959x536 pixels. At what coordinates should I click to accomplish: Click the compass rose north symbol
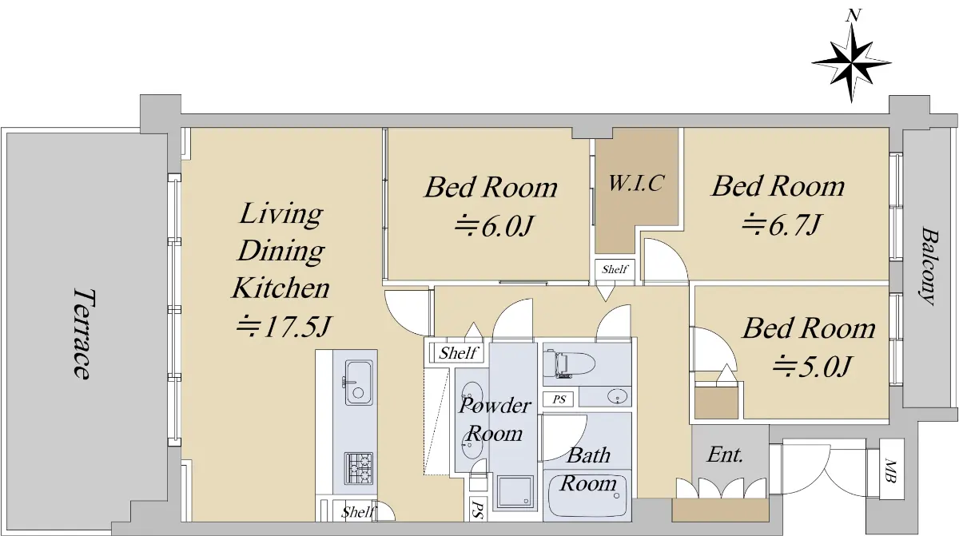pos(851,62)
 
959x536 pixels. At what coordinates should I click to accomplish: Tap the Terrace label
pos(82,334)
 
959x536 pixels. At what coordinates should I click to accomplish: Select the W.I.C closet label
pos(636,183)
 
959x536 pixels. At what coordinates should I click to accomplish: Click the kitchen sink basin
pos(359,382)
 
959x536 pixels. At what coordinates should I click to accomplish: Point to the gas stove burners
pos(359,468)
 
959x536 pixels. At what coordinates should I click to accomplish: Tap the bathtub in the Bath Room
pos(587,494)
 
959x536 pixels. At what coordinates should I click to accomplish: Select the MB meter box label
pos(891,470)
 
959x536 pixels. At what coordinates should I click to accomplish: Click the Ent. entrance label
pos(726,455)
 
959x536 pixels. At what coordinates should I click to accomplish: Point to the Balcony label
pos(929,266)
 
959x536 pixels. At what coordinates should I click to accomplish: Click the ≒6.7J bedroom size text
pos(781,224)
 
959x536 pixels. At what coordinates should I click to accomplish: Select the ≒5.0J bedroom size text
pos(811,366)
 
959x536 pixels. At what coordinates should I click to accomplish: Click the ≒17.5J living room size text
pos(283,327)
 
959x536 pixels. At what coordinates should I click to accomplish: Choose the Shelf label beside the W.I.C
pos(615,269)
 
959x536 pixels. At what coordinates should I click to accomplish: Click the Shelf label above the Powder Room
pos(458,353)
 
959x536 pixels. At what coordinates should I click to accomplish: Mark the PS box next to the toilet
pos(559,399)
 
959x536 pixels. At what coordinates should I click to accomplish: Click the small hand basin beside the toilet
pos(617,396)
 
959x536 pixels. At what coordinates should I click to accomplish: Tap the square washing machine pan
pos(515,491)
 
